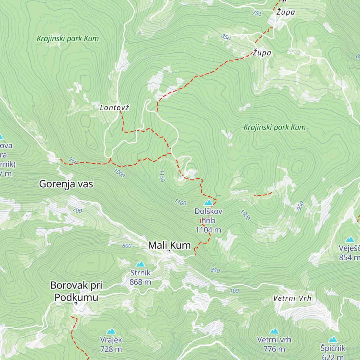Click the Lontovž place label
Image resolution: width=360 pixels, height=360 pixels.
[114, 108]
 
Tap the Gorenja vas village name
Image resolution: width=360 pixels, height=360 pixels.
[66, 184]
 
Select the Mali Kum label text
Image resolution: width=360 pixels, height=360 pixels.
[169, 245]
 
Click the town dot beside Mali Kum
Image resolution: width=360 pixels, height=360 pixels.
[169, 250]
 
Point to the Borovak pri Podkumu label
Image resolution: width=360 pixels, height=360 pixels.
[76, 291]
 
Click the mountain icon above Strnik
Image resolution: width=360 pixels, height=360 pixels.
[140, 264]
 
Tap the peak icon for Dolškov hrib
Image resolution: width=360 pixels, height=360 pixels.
[208, 202]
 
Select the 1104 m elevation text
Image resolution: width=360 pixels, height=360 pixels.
[208, 230]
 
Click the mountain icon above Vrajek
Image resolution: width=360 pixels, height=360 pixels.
[111, 331]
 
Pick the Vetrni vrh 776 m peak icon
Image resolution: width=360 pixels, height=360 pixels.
[274, 331]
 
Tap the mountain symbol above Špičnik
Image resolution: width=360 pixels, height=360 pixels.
[333, 339]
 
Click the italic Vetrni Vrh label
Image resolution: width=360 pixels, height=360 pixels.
[292, 298]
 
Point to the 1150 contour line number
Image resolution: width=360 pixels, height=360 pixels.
[162, 176]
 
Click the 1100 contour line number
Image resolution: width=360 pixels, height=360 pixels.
[180, 203]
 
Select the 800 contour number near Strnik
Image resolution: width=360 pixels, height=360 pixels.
[127, 246]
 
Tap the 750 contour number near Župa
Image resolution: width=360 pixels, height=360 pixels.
[257, 13]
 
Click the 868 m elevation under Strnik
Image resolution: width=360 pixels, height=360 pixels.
[140, 282]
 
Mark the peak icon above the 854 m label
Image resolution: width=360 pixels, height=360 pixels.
[350, 239]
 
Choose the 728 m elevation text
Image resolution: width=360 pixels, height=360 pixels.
[111, 349]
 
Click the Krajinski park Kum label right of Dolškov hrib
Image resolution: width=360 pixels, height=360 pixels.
[274, 127]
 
